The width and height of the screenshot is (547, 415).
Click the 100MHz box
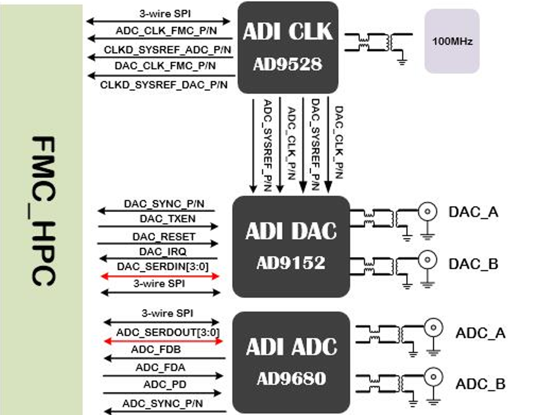[x=452, y=41]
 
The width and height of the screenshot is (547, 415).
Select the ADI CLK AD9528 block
[x=287, y=47]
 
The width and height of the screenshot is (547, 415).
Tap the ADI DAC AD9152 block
[x=291, y=246]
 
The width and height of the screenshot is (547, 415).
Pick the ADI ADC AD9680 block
[x=291, y=362]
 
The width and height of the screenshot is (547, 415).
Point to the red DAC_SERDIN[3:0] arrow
[x=160, y=276]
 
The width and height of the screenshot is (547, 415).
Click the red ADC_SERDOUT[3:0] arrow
[x=163, y=341]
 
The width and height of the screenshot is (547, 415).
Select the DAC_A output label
[x=473, y=212]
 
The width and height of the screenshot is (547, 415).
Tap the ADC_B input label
[x=480, y=384]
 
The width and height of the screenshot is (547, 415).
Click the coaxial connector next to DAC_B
[x=427, y=260]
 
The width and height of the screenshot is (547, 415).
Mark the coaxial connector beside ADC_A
[x=433, y=327]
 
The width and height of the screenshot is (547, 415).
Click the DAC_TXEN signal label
[x=168, y=219]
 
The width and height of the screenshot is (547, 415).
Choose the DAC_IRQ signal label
[x=163, y=252]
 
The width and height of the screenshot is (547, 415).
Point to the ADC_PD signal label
[x=165, y=385]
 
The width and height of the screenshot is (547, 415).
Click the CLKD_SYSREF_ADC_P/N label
[x=167, y=50]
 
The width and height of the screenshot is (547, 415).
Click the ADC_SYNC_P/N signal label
[x=163, y=403]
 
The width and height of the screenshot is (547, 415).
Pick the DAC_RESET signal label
[x=164, y=237]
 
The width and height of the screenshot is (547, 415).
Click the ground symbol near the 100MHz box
[x=402, y=62]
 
